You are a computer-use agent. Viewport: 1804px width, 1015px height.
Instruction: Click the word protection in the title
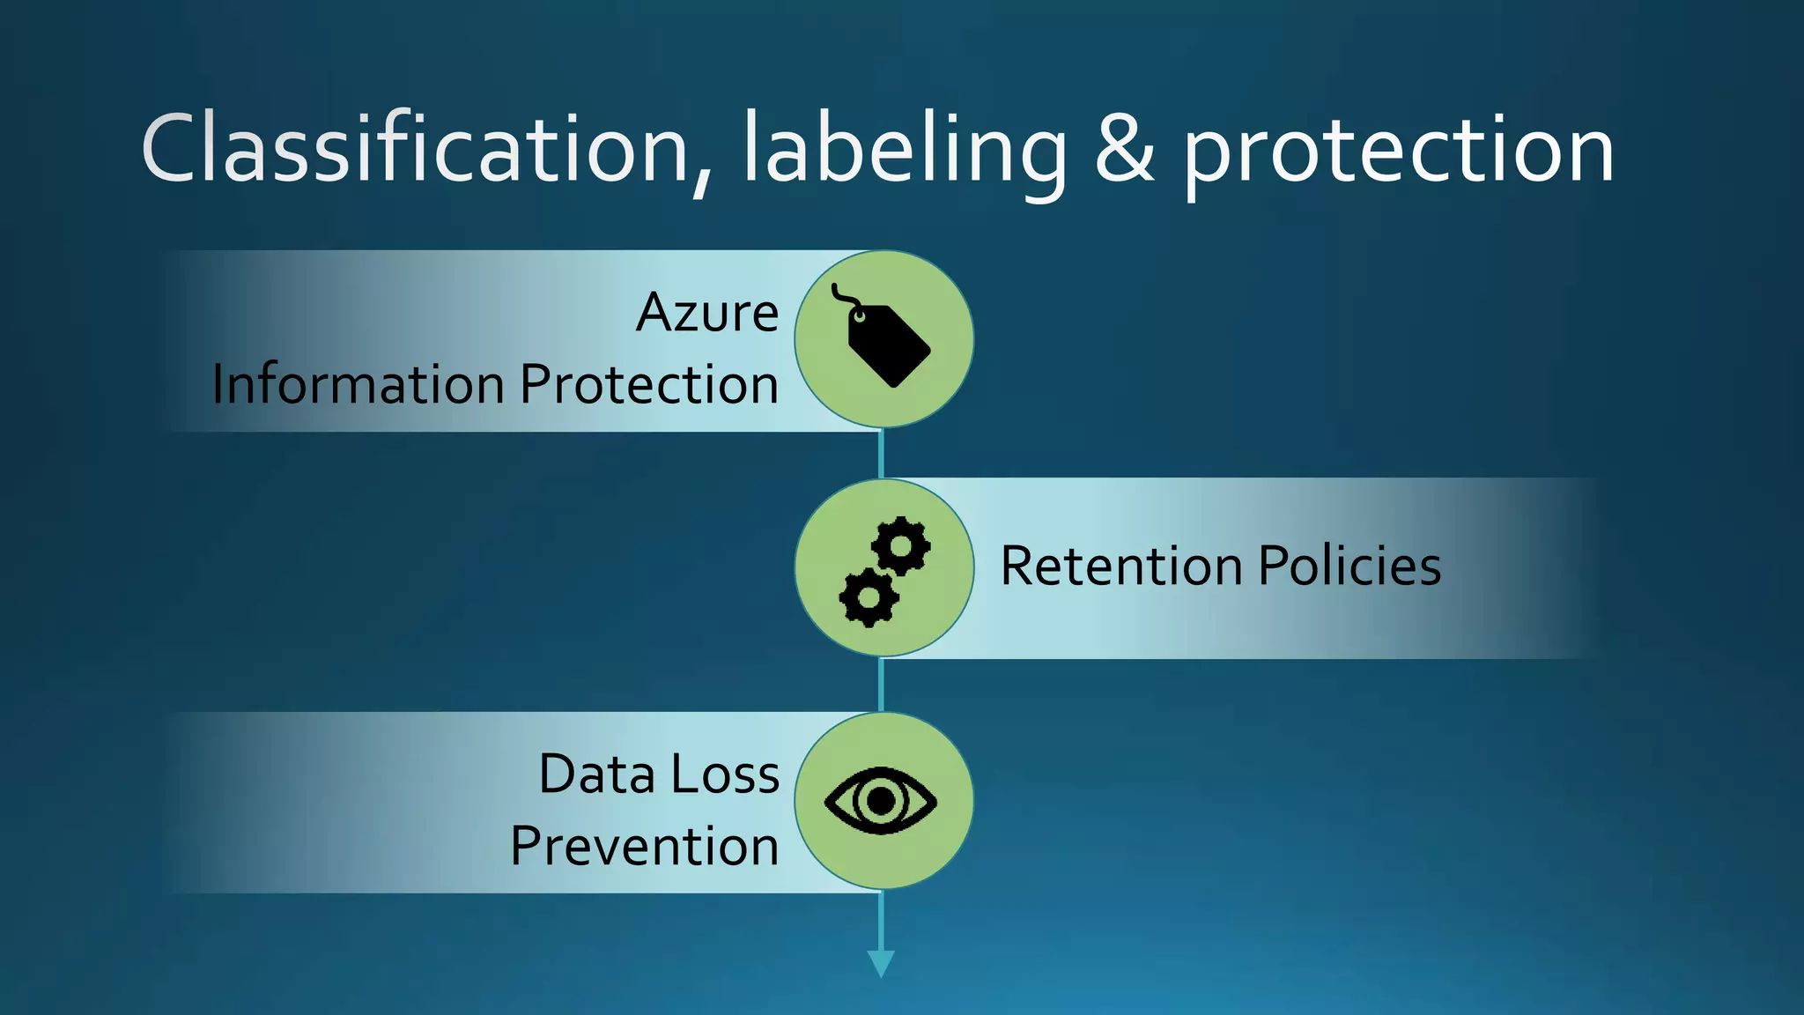pyautogui.click(x=1398, y=152)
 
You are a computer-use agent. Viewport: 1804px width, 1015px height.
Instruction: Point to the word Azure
pyautogui.click(x=707, y=313)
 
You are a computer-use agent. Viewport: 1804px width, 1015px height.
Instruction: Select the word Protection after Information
pyautogui.click(x=649, y=385)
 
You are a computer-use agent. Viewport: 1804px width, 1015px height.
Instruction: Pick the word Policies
pyautogui.click(x=1349, y=566)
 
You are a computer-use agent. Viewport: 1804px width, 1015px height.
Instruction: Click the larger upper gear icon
pyautogui.click(x=901, y=545)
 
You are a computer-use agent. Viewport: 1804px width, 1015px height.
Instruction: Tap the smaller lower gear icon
pyautogui.click(x=869, y=597)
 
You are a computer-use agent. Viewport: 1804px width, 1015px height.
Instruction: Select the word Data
pyautogui.click(x=596, y=774)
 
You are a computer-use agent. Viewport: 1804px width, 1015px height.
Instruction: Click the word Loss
pyautogui.click(x=726, y=774)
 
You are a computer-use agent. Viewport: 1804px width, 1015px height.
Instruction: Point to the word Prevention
pyautogui.click(x=644, y=847)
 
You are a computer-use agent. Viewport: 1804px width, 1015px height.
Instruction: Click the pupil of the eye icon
pyautogui.click(x=881, y=800)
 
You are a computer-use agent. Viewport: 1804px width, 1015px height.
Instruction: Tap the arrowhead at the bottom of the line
pyautogui.click(x=881, y=963)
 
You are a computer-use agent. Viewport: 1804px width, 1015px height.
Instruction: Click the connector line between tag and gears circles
pyautogui.click(x=881, y=454)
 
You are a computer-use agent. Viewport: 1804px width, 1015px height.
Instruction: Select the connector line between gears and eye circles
pyautogui.click(x=881, y=685)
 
